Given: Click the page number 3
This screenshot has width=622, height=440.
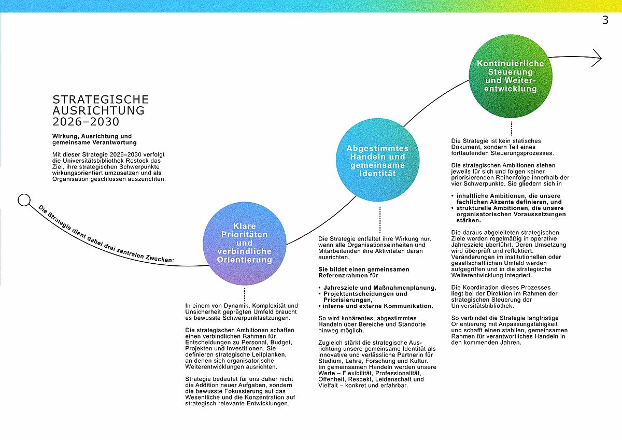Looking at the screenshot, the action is point(605,20).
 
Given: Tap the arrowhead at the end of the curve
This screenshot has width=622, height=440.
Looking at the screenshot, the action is point(597,58).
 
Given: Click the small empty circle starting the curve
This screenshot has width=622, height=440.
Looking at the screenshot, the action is point(24,200).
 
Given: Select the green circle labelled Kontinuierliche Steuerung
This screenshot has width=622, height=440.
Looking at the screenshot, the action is point(511,76).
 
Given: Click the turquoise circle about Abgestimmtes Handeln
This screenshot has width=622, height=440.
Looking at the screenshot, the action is point(378,160).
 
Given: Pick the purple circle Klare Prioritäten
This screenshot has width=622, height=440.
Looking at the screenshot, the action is point(244,244).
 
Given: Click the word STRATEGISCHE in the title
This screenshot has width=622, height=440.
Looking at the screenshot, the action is point(101,100).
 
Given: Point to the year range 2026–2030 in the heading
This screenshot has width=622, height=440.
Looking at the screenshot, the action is point(86,122).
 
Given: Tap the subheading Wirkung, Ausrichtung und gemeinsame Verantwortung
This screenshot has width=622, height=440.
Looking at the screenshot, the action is point(94,139).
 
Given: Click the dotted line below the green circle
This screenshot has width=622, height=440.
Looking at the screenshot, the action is point(511,128).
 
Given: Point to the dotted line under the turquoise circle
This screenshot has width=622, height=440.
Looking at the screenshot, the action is point(379,220).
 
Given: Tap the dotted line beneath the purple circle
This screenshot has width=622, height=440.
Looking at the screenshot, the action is point(244,294).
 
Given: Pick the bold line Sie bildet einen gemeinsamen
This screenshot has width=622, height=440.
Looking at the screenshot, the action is point(364,269).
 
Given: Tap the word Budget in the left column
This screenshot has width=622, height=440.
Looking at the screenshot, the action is point(281,342).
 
